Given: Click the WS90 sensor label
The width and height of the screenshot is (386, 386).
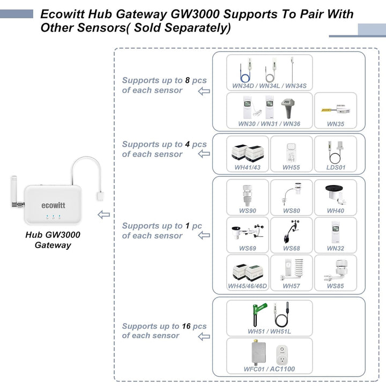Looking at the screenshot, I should click(247, 211).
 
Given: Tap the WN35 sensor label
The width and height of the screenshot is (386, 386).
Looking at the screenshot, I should click(335, 124).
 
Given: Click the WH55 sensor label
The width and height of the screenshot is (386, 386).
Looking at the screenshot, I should click(291, 168).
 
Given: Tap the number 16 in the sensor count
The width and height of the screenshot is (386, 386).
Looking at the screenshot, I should click(187, 326).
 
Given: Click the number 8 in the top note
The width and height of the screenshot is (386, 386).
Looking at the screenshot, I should click(188, 80).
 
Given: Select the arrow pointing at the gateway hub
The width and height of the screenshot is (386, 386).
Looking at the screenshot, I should click(104, 214).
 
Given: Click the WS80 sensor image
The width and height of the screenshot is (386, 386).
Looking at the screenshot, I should click(291, 194).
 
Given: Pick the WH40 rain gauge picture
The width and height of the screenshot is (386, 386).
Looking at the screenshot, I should click(335, 194).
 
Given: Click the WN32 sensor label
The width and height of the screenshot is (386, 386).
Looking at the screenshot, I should click(335, 248).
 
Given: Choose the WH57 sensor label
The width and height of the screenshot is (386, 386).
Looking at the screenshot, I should click(291, 286).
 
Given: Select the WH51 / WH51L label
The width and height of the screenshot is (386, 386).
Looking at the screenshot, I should click(269, 331).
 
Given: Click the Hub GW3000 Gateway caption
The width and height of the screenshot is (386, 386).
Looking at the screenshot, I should click(53, 240).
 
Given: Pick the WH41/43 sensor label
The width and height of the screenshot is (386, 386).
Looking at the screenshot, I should click(247, 168).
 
